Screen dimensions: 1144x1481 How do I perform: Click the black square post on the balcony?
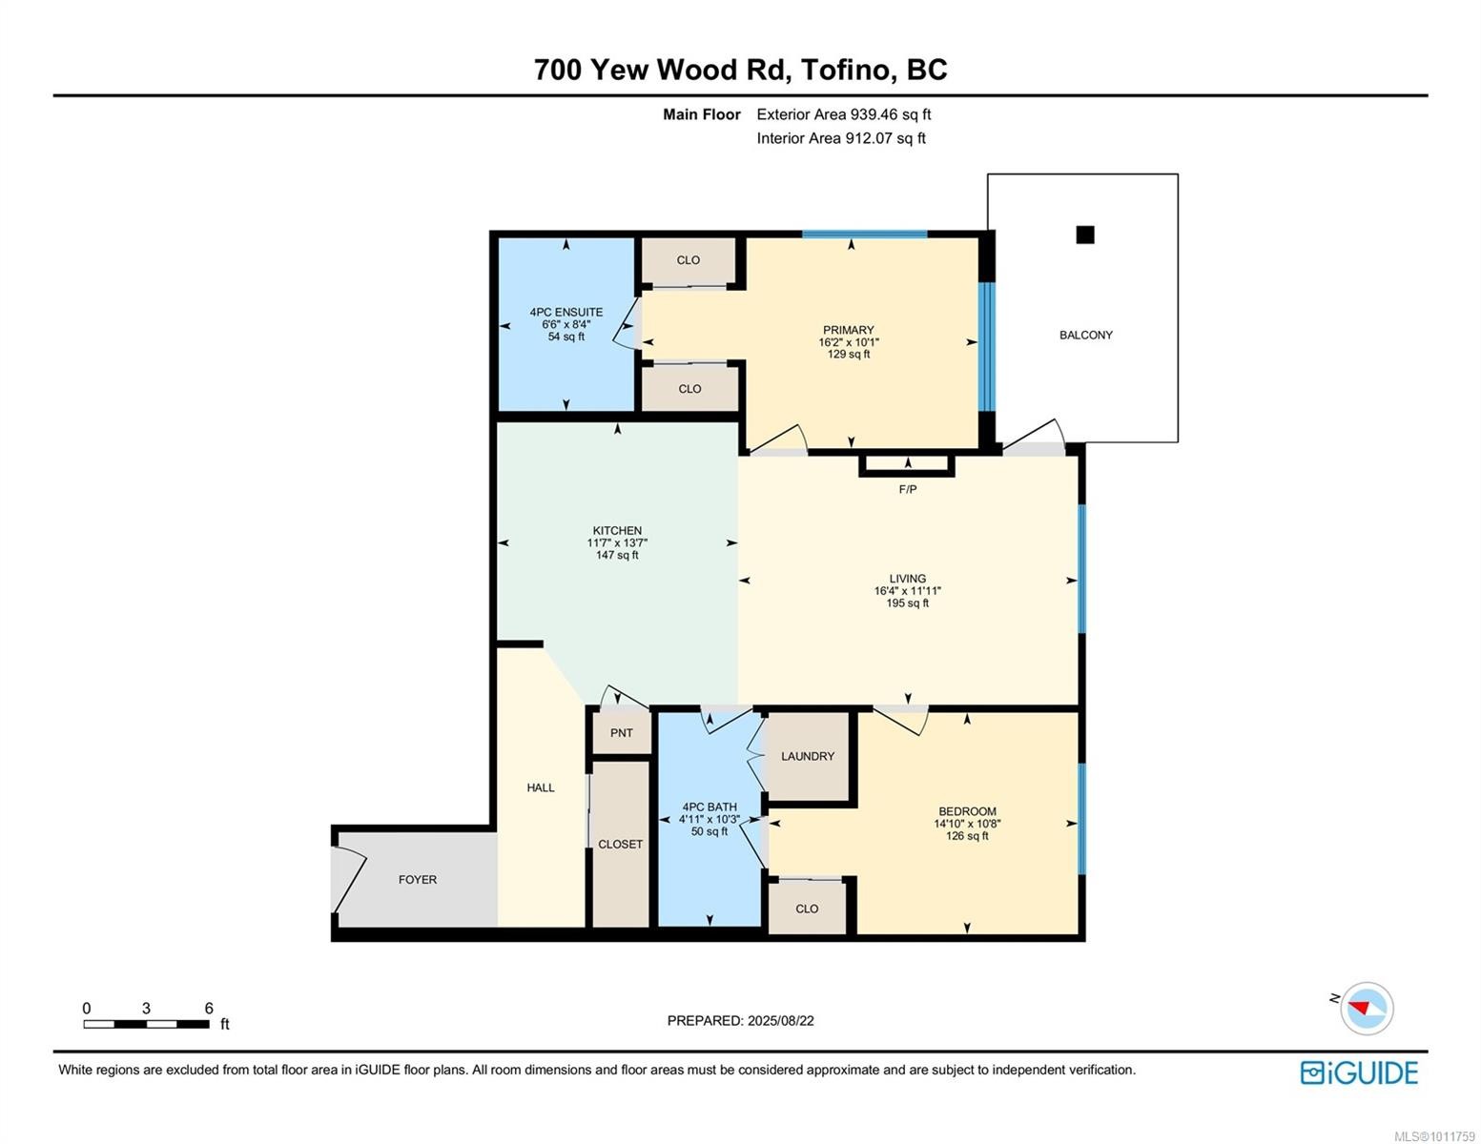(1084, 235)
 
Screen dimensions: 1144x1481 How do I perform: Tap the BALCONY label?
(1085, 335)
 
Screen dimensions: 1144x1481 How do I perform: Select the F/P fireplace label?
(907, 489)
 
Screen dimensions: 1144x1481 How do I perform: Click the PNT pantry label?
(621, 733)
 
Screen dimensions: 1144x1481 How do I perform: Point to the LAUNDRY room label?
(807, 756)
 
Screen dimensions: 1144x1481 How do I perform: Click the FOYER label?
(417, 880)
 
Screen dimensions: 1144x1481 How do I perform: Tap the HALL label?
(540, 787)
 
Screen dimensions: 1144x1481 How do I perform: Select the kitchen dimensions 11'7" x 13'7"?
(617, 543)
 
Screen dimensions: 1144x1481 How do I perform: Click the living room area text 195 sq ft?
(907, 603)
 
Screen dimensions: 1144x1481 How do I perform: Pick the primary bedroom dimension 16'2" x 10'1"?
(848, 342)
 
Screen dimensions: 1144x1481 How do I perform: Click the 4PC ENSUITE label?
(566, 312)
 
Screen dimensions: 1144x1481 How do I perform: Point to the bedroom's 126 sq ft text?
(966, 836)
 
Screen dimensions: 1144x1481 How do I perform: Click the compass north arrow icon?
(1366, 1008)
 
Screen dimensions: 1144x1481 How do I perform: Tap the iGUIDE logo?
(1358, 1072)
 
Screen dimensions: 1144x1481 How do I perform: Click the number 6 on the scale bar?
(209, 1009)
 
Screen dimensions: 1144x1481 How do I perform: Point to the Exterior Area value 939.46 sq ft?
(883, 114)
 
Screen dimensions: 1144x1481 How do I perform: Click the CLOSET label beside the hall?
(620, 844)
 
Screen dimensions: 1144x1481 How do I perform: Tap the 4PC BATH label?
(709, 807)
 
